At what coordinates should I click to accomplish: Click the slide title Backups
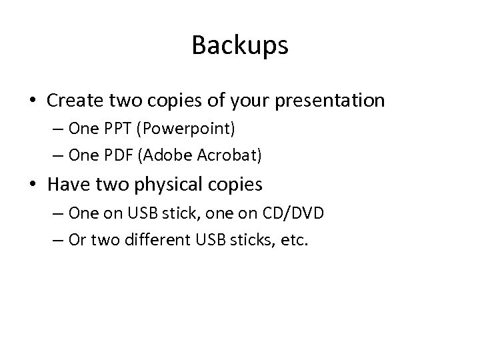tap(240, 45)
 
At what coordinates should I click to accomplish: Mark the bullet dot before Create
tap(33, 101)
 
